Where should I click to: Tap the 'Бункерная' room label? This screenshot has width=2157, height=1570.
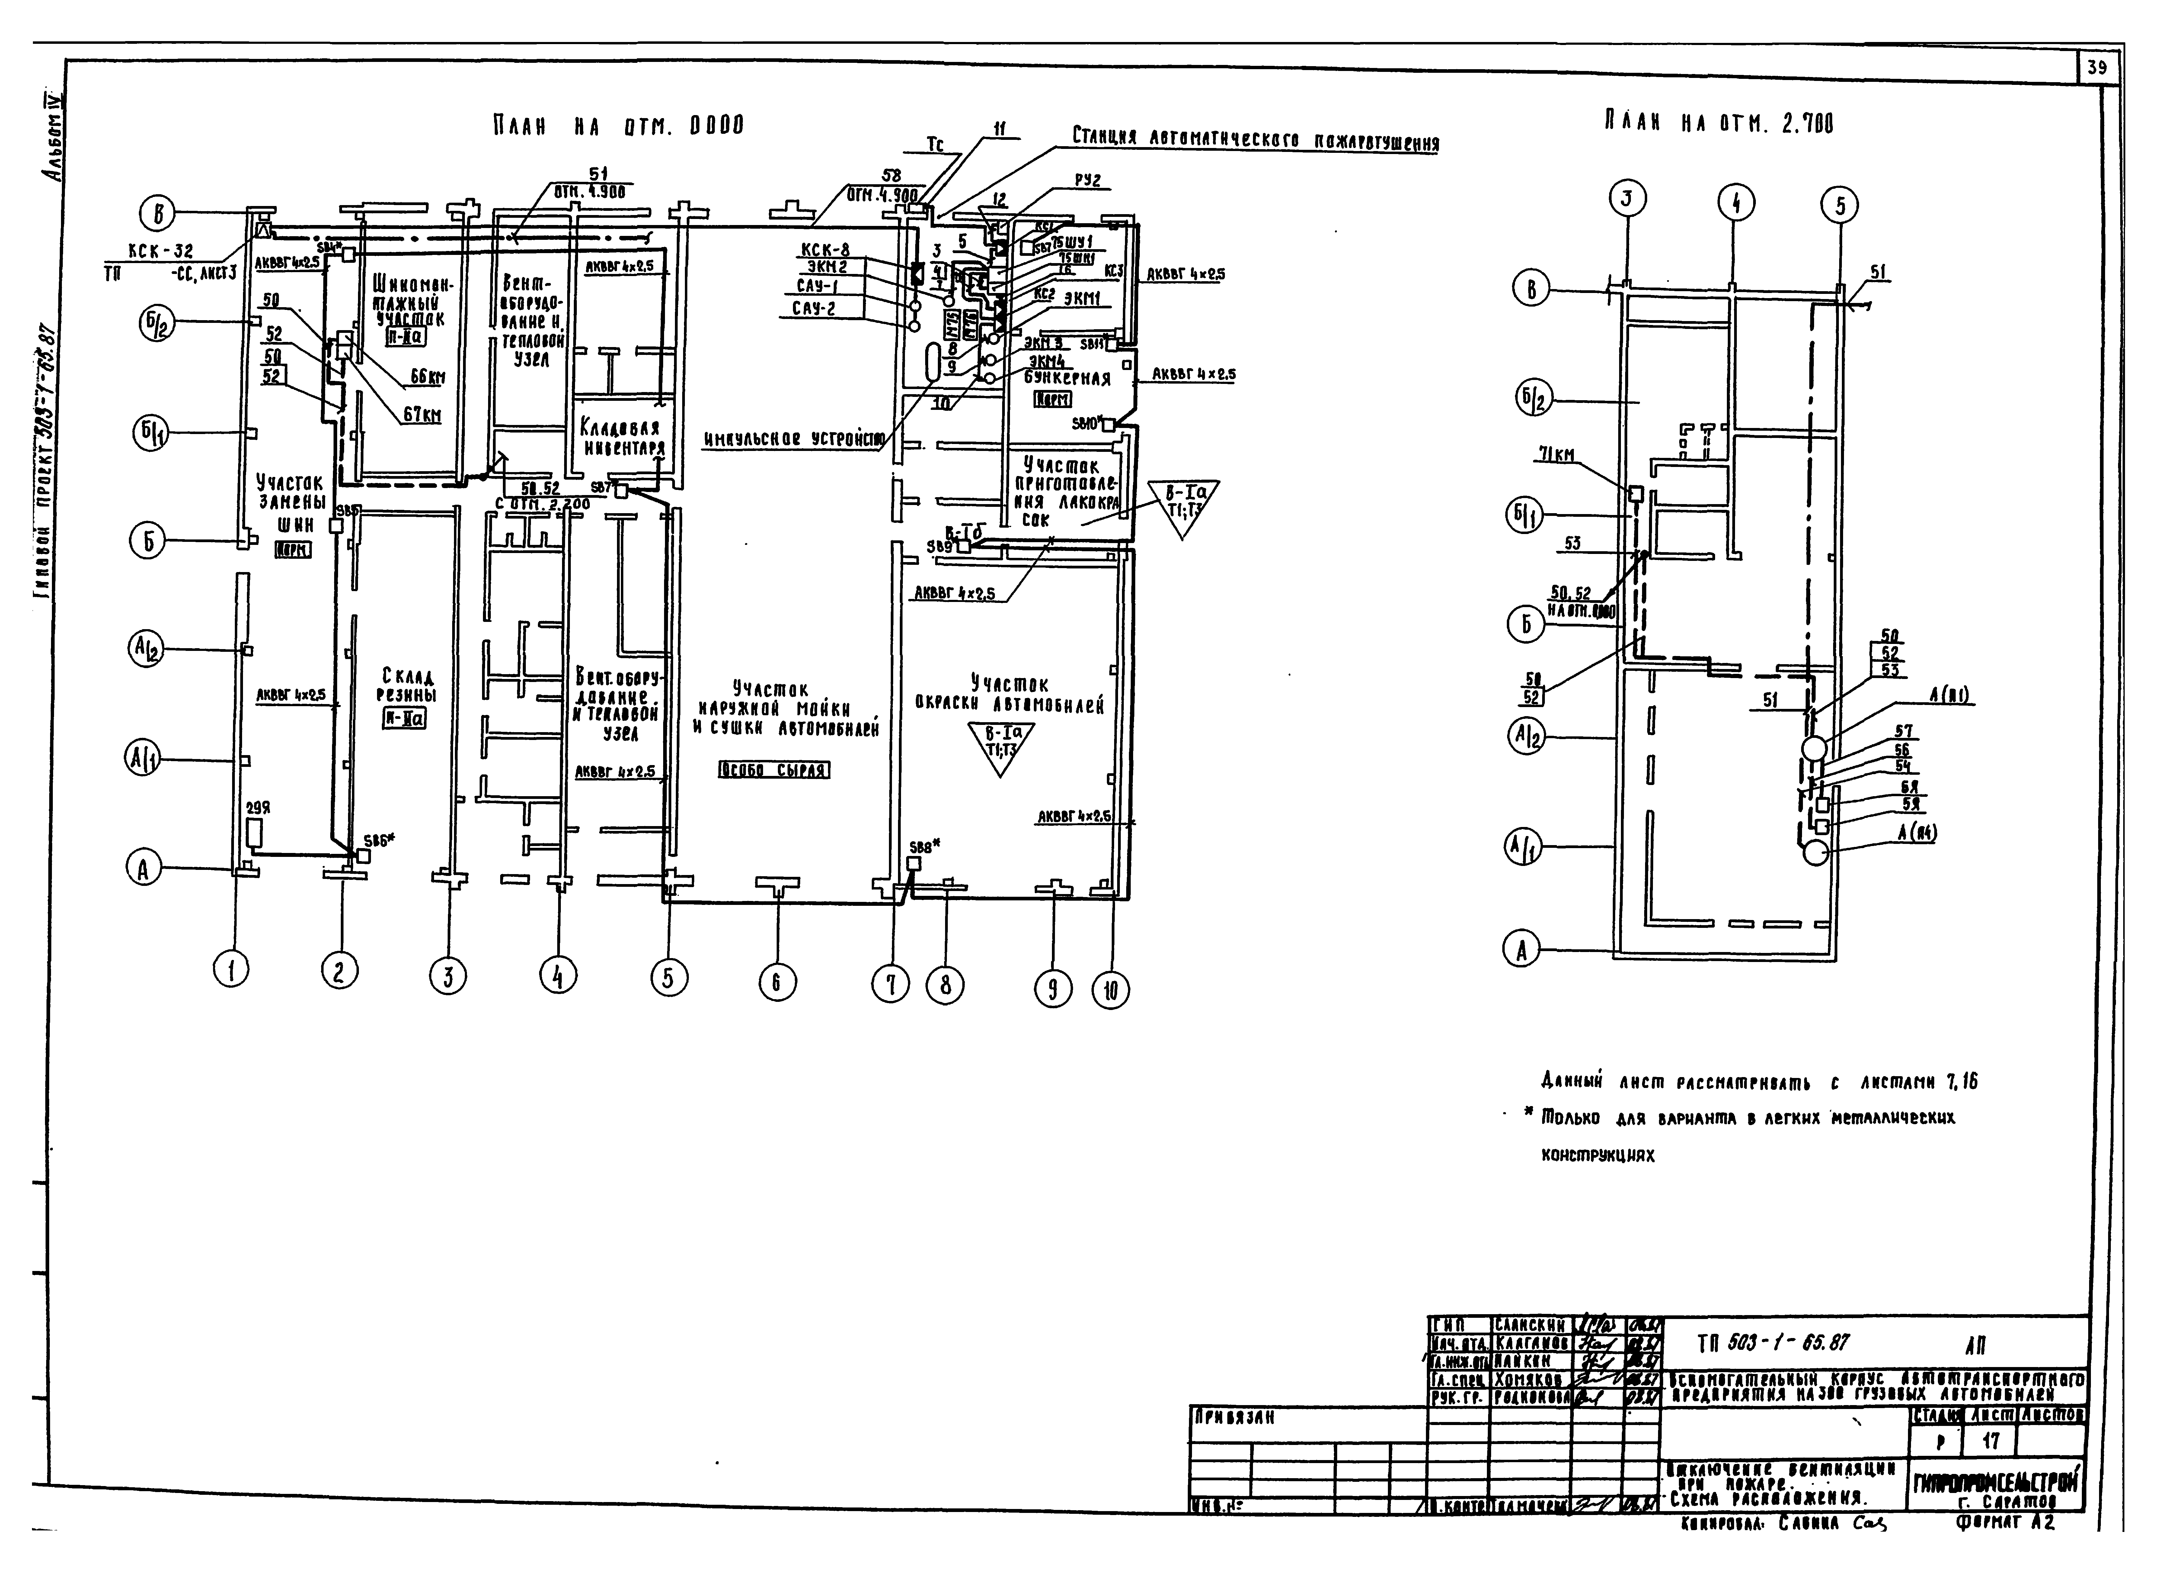pos(1067,379)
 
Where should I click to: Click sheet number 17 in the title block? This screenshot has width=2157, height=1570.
pos(1991,1441)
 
